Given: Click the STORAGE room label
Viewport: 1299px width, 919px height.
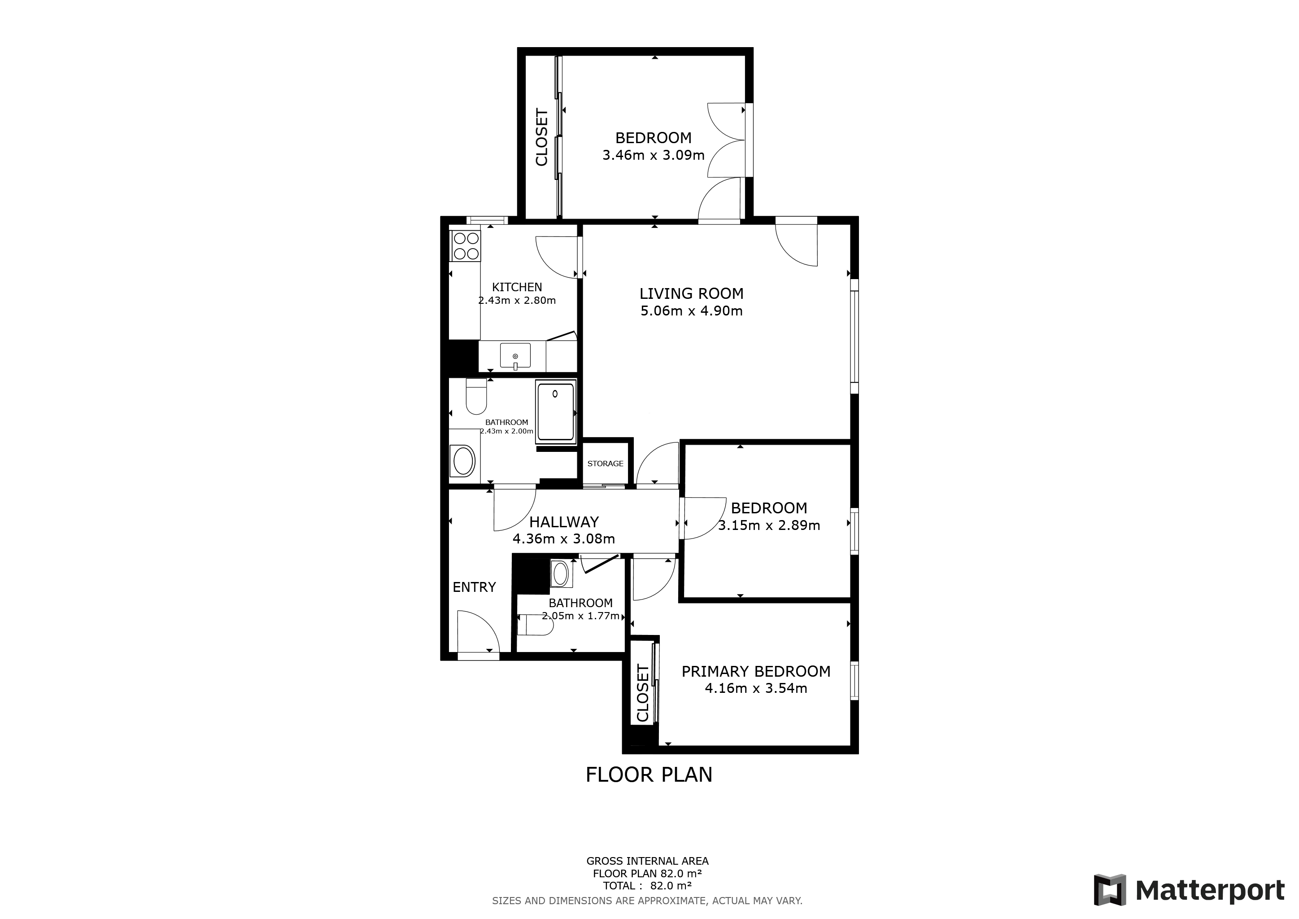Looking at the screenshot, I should pos(605,464).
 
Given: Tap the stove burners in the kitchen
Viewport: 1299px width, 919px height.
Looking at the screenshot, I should pos(465,246).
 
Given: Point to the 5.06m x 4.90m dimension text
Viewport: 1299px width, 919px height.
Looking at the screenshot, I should pos(691,311).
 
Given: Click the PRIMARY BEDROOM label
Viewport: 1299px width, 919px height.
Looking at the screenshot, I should pos(756,672).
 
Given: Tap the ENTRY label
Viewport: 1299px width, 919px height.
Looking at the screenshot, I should pos(474,587).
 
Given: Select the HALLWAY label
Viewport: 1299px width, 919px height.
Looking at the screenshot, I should pos(563,522).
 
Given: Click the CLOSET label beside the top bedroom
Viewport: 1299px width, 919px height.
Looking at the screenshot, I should pos(541,137).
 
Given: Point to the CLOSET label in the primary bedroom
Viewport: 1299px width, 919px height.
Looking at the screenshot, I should pos(643,694).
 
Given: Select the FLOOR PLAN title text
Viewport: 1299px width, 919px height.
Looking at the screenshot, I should pos(649,775).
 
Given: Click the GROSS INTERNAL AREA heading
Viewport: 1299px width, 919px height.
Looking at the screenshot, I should pos(647,861).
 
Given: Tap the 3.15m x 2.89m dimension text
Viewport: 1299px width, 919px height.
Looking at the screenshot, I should pos(769,525).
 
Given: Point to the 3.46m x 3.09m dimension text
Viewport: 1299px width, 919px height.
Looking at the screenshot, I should pos(653,155).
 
